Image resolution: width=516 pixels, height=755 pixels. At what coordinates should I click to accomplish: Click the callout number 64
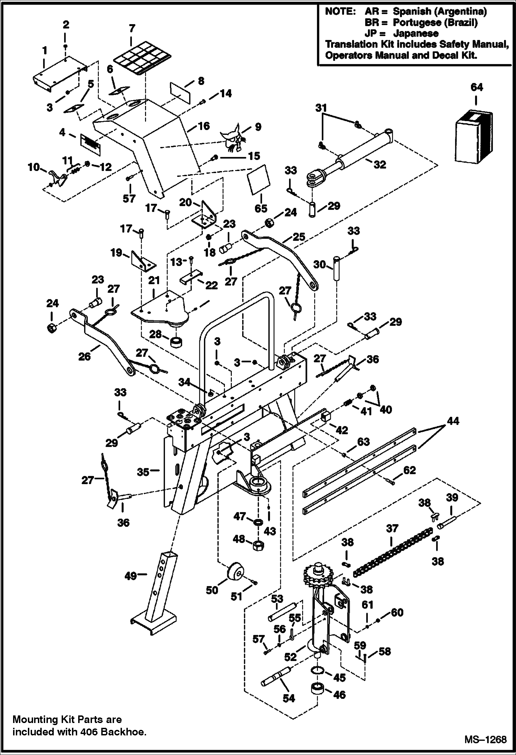(477, 88)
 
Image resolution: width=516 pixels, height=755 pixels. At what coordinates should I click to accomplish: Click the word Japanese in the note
(416, 33)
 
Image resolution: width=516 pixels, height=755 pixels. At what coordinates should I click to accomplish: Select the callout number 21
(154, 280)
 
